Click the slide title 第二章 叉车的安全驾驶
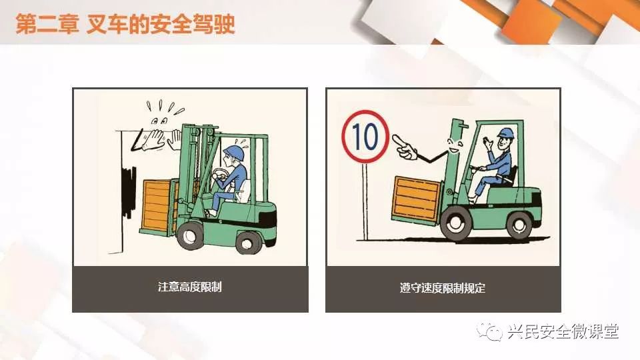(125, 24)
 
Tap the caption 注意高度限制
(190, 287)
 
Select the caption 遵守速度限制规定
(443, 288)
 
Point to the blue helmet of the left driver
(234, 152)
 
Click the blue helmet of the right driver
(505, 133)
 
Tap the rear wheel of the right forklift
(519, 225)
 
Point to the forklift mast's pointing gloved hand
(404, 147)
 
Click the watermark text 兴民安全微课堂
(563, 331)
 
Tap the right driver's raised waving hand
(487, 144)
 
